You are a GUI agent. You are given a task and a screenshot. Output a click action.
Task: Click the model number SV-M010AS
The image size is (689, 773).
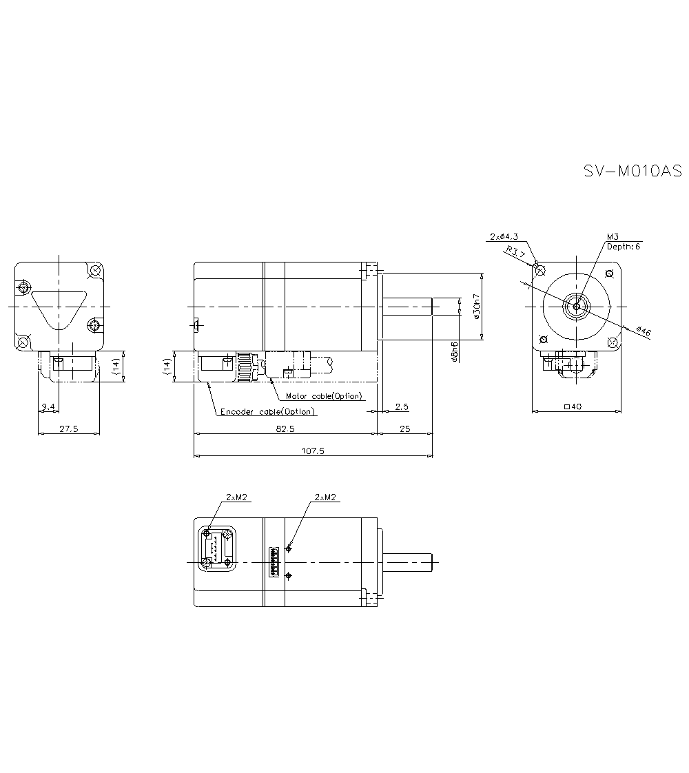point(632,170)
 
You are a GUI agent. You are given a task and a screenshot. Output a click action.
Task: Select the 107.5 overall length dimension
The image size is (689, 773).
point(313,451)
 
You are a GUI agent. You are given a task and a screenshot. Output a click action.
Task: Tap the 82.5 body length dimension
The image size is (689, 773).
point(285,429)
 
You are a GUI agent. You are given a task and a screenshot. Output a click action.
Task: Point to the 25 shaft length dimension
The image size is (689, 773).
point(404,429)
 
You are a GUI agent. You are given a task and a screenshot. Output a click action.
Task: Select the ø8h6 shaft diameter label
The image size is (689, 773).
point(454,351)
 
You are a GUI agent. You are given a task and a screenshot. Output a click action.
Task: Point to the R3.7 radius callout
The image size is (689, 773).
point(516,253)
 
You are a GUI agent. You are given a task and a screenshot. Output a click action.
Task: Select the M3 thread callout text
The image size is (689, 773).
point(613,236)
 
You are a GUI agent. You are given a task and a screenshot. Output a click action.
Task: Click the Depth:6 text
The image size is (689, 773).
point(623,246)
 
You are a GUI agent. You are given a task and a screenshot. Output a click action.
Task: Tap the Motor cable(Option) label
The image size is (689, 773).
point(323,396)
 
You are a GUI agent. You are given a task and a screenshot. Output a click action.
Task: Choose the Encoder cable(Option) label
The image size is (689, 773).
point(267,411)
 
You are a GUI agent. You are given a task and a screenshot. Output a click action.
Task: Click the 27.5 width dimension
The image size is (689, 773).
point(68,429)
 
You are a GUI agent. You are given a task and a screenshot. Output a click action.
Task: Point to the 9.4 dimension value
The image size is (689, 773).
point(48,407)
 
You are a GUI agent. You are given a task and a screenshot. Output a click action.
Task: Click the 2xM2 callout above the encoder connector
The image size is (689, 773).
point(236,497)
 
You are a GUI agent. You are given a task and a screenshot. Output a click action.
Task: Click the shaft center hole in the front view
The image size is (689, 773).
point(576,306)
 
